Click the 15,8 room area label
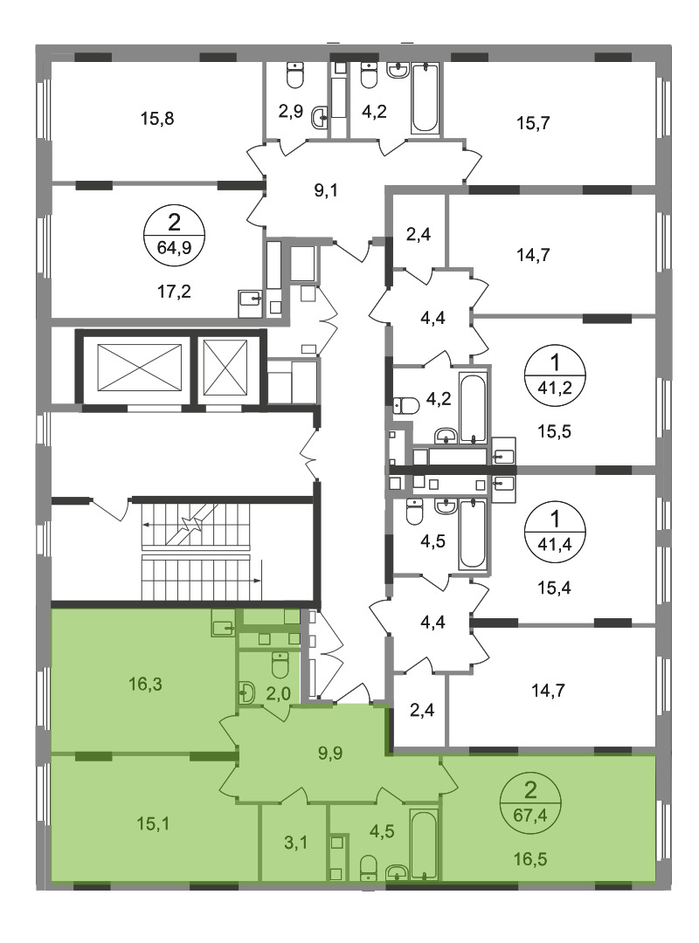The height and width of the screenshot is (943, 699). [157, 119]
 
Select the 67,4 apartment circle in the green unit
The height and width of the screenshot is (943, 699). [530, 806]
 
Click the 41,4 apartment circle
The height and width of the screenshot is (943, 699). [555, 530]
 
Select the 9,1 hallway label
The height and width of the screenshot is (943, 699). [326, 190]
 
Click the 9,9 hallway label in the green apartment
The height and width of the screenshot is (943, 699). [330, 753]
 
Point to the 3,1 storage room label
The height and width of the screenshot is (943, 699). [295, 843]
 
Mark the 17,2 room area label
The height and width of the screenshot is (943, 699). [174, 293]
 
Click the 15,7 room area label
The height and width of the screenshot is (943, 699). [534, 123]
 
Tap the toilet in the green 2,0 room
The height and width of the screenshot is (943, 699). [280, 664]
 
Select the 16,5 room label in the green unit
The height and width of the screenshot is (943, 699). [530, 859]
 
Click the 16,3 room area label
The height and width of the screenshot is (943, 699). [145, 683]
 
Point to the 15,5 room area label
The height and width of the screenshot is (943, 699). [554, 431]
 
